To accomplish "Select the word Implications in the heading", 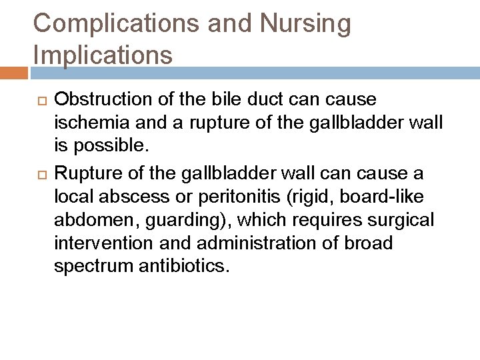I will coord(103,55).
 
